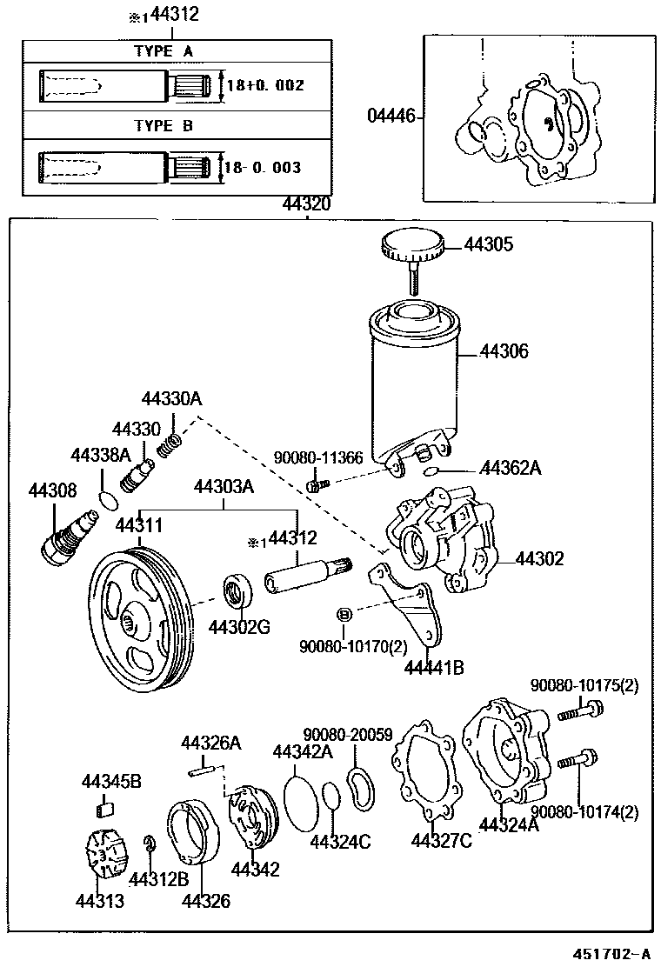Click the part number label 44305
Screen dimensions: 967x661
(x=488, y=245)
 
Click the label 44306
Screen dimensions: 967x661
(x=504, y=352)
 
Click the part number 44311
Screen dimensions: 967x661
(x=138, y=526)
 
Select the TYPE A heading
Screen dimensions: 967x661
(x=164, y=51)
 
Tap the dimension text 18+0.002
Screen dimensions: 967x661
(x=265, y=86)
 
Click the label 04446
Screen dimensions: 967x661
(x=391, y=117)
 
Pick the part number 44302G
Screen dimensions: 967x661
(x=239, y=626)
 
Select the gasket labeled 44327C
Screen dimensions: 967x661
(x=427, y=770)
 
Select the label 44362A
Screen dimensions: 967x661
(x=511, y=469)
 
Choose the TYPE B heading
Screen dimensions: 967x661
(x=164, y=126)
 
